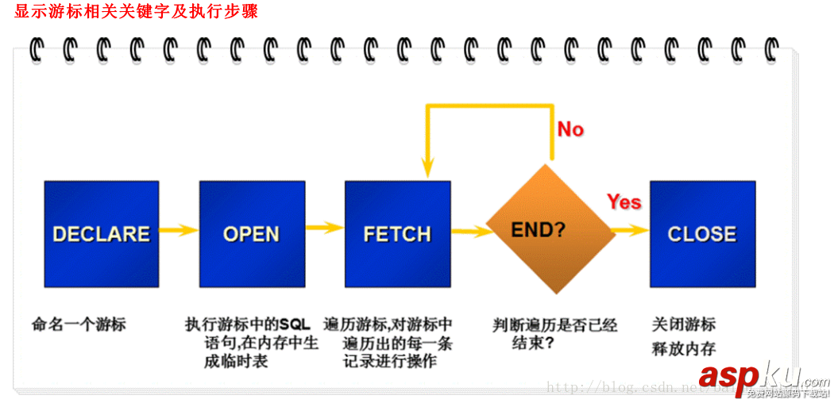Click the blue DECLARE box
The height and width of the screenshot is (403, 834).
point(101,233)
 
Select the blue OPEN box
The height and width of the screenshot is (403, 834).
point(251,233)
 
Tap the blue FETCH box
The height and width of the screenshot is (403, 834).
point(397,233)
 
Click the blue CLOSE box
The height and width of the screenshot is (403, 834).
point(702,233)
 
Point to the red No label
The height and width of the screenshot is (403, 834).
point(570,129)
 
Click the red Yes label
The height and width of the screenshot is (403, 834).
point(624,202)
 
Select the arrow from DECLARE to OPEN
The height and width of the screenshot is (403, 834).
point(179,231)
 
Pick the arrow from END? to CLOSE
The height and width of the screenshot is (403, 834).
point(632,230)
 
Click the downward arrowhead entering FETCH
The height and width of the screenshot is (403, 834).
point(427,169)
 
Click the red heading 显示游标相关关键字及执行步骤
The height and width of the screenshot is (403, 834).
point(136,12)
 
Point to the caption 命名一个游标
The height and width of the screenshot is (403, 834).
point(79,324)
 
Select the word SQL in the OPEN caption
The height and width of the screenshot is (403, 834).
point(294,324)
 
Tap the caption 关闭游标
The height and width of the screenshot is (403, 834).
point(684,324)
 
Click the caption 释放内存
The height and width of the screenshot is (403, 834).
point(684,349)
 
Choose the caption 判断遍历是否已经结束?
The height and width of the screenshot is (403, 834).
point(554,334)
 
